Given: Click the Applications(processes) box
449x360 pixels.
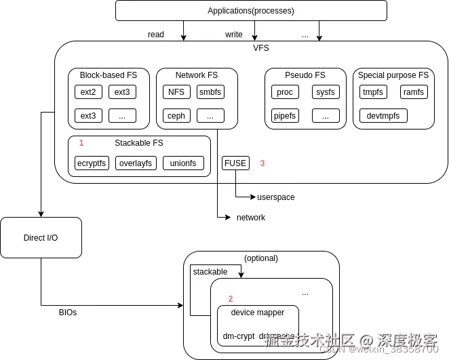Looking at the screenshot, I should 251,11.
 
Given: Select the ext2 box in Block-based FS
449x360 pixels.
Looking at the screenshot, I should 88,92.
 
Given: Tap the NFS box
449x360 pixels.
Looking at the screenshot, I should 176,92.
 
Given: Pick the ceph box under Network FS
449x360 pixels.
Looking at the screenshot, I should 176,116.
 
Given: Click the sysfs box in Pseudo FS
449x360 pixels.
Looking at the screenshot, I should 326,92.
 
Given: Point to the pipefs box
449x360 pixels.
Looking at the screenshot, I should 285,116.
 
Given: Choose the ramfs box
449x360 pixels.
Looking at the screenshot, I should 413,92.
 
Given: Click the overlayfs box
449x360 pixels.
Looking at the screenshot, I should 136,163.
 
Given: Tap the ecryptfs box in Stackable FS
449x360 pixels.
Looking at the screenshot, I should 92,163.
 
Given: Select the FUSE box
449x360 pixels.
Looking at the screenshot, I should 235,163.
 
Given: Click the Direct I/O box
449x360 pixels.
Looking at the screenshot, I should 41,238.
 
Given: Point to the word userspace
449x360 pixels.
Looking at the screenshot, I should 275,197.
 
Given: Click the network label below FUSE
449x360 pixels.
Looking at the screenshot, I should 250,218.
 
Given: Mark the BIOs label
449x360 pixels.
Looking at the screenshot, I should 68,313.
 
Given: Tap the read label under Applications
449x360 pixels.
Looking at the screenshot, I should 156,35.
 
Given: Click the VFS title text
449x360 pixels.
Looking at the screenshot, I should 261,48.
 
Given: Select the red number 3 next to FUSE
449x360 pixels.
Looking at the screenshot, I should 262,163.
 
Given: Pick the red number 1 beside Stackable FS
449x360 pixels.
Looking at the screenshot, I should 81,143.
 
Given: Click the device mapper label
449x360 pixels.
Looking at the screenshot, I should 257,313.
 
